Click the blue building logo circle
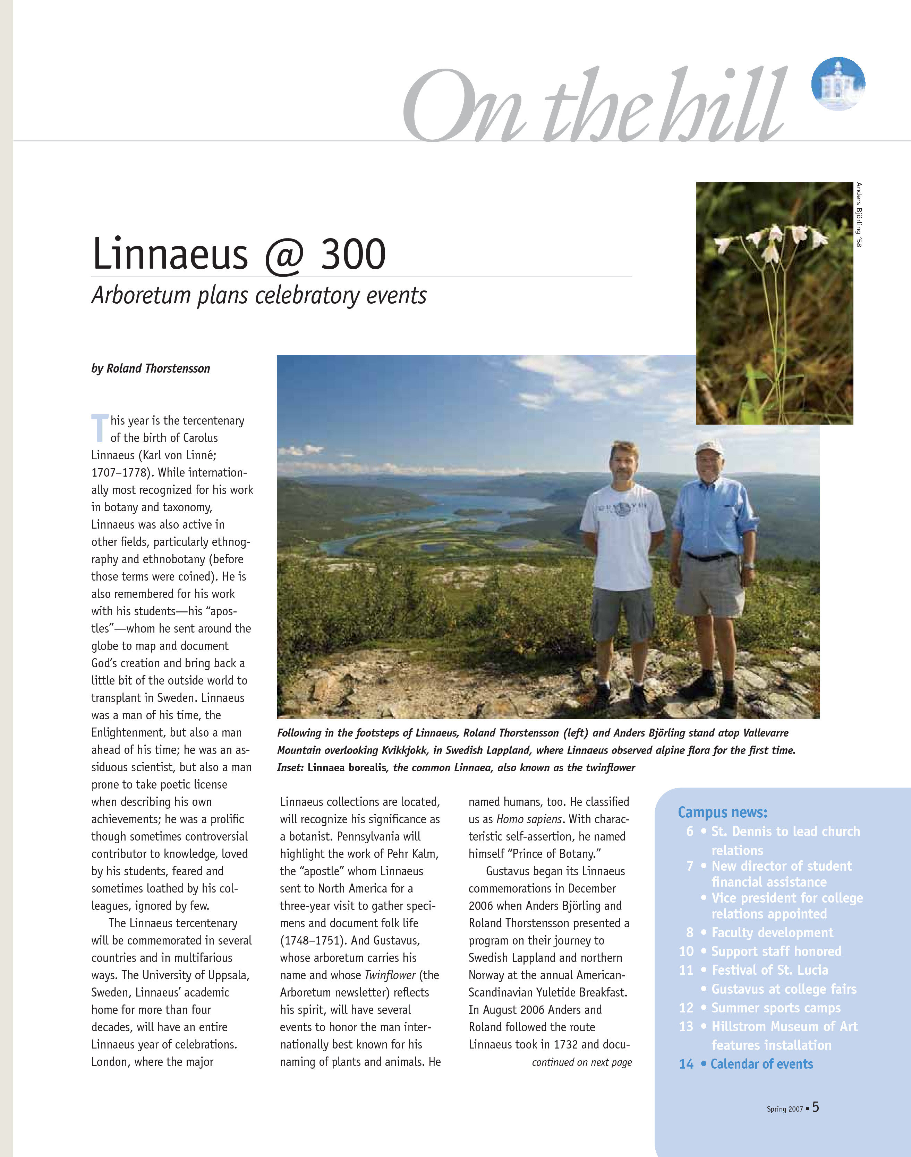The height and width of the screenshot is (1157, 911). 838,84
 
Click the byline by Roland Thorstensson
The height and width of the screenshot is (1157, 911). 151,368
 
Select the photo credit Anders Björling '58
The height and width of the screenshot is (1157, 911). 858,215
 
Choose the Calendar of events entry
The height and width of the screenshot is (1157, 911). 761,1064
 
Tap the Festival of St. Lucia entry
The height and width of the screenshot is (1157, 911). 769,970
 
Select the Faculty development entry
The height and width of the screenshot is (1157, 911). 772,933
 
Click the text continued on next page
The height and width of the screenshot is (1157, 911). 581,1062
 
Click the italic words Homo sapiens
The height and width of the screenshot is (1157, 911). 529,819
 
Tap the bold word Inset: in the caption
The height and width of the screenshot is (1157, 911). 290,767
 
